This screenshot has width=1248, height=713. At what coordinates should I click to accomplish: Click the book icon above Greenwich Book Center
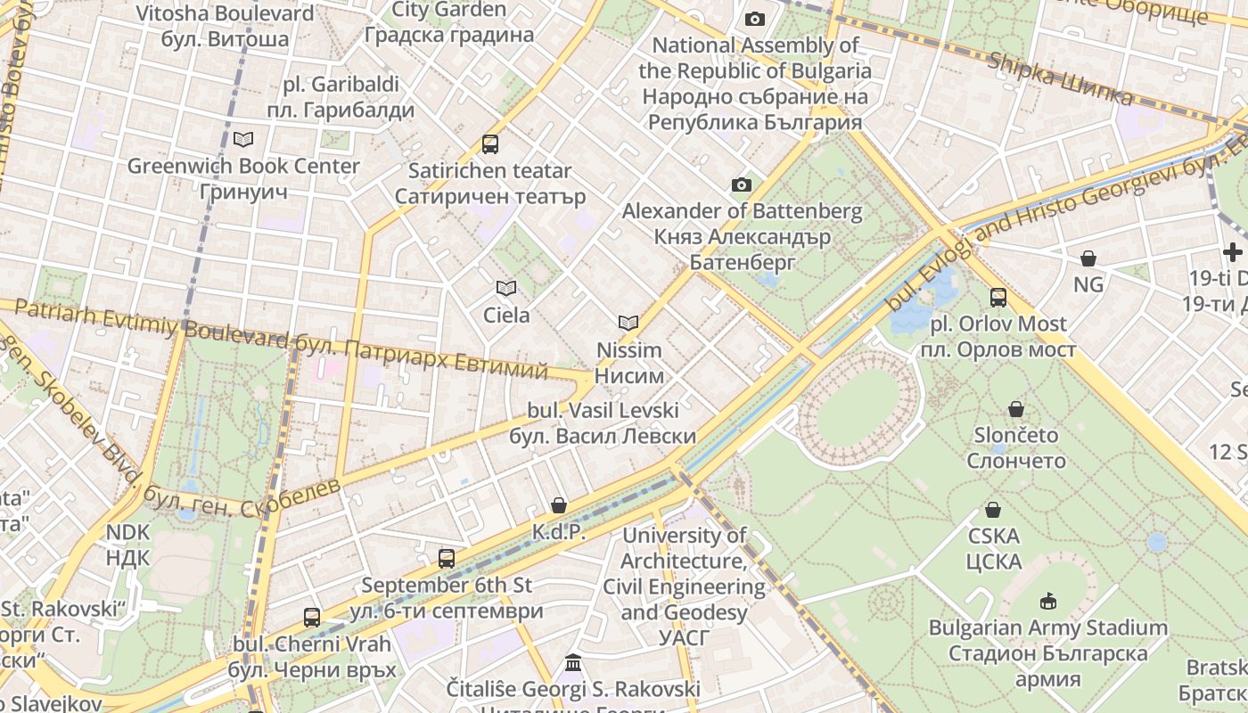[242, 139]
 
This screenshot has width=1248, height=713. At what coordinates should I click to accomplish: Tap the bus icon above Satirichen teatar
[489, 143]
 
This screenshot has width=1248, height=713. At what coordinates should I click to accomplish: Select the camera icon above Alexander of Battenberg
[742, 184]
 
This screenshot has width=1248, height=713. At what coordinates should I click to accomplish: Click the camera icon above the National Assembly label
[755, 19]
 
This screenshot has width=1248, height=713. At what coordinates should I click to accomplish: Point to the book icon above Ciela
[506, 288]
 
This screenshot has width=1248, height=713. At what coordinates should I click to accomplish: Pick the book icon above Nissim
[628, 323]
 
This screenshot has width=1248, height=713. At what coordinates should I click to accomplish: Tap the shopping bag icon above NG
[1088, 258]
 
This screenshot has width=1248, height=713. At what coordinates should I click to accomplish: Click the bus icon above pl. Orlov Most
[998, 297]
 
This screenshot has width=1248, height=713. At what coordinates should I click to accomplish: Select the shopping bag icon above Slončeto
[1015, 409]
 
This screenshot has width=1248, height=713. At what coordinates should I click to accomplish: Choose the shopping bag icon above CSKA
[993, 510]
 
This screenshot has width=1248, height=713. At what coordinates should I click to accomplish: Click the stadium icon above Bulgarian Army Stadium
[1047, 601]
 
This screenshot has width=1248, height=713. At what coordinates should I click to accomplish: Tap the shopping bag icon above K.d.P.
[559, 505]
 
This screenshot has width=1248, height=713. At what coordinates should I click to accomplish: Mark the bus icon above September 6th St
[447, 559]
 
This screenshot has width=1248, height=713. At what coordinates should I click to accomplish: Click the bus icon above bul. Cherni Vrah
[312, 617]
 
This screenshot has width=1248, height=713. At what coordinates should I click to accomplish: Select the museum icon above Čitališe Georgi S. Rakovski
[573, 663]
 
